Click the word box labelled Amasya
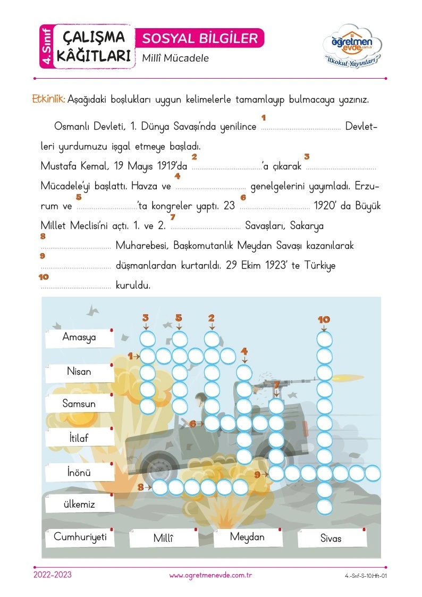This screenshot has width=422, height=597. [x=80, y=338]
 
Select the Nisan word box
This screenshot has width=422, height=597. [x=80, y=372]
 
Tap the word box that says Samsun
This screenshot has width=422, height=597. [x=80, y=403]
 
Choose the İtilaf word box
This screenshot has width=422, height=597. [x=80, y=438]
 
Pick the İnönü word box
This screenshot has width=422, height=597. [x=80, y=472]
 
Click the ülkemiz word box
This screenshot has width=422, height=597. [x=80, y=504]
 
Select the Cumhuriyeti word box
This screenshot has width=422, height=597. [x=80, y=537]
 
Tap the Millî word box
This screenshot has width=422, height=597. [x=164, y=538]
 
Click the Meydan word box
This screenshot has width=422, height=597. [x=248, y=537]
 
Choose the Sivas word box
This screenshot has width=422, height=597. [x=332, y=538]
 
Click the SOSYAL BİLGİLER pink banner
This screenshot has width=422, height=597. [x=200, y=38]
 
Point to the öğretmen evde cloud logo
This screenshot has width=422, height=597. [x=352, y=46]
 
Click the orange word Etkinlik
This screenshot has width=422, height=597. [x=49, y=99]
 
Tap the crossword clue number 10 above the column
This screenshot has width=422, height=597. [x=324, y=319]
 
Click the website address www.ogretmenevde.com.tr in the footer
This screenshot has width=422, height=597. [x=211, y=576]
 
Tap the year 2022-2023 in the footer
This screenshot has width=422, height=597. [x=53, y=575]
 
